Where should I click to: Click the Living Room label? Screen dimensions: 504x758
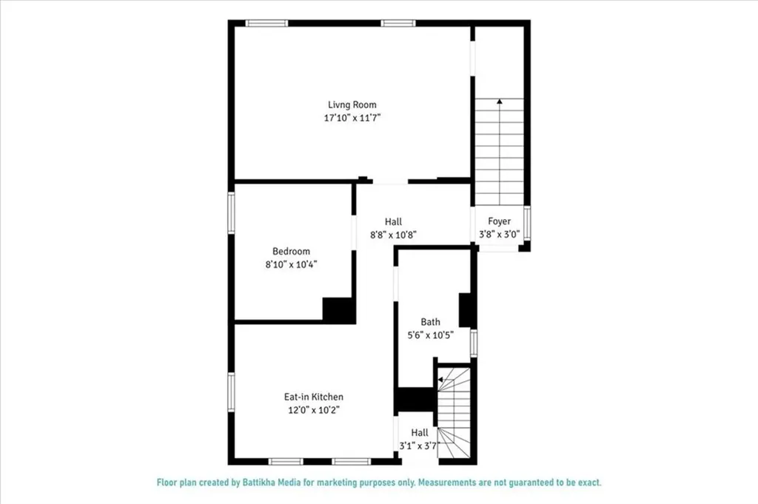tap(352, 105)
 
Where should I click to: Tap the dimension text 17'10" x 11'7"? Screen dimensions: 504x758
tap(352, 118)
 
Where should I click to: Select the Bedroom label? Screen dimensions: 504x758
tap(291, 252)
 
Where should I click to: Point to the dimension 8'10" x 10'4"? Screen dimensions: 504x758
tap(291, 264)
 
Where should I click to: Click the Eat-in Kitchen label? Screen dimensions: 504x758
tap(314, 397)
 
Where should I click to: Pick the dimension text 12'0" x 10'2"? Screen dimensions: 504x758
tap(314, 409)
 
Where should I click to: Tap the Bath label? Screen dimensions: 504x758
tap(430, 322)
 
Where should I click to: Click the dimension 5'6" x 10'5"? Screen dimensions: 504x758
tap(430, 335)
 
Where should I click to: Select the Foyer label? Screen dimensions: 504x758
tap(499, 221)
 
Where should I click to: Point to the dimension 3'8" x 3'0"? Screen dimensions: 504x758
tap(499, 234)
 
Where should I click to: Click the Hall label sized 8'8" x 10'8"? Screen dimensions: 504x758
tap(393, 221)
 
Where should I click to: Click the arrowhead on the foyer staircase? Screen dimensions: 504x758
tap(500, 101)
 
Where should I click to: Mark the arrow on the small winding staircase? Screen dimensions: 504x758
tap(440, 380)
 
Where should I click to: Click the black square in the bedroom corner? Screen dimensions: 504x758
tap(338, 309)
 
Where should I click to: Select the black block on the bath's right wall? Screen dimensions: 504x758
tap(466, 310)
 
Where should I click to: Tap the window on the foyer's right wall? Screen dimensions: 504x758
tap(526, 224)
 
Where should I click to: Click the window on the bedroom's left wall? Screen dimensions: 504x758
tap(231, 212)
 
